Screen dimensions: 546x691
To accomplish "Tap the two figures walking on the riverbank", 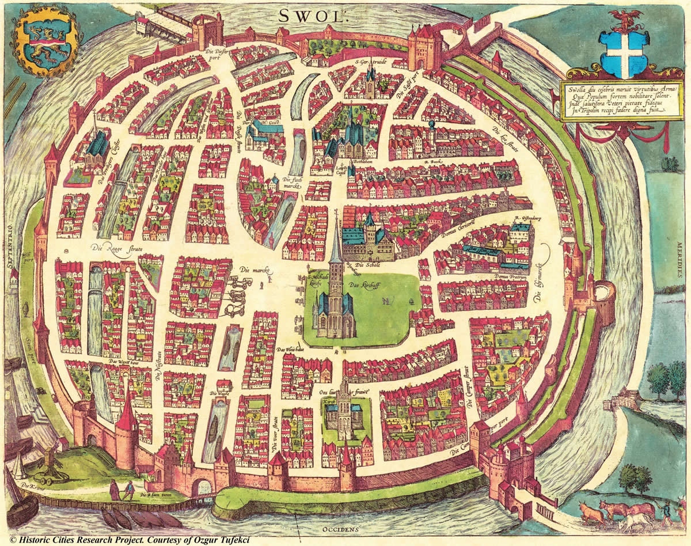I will (122, 490).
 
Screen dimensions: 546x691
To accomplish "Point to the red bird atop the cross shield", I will (624, 19).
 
